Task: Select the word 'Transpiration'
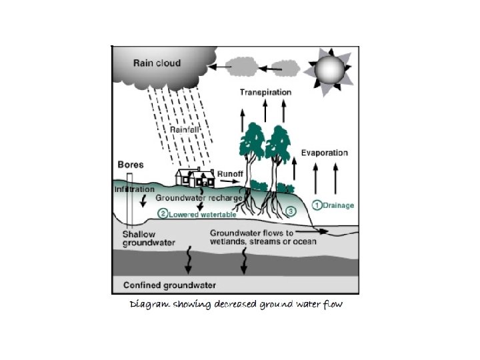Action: [x=265, y=92]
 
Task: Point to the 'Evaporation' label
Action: [x=324, y=153]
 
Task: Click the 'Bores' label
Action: [x=130, y=164]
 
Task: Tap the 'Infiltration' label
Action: [x=135, y=189]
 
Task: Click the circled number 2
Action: [x=162, y=213]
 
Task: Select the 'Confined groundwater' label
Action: [x=170, y=285]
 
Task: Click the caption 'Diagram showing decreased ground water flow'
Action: [x=235, y=305]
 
